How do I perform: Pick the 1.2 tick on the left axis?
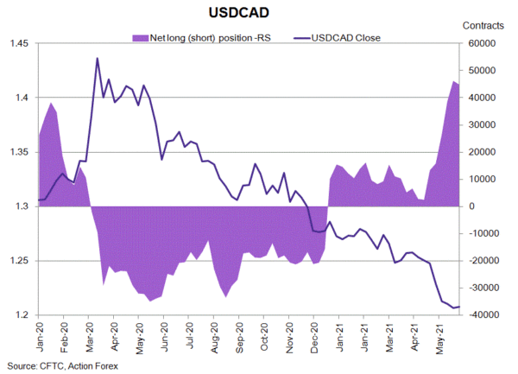(x=19, y=314)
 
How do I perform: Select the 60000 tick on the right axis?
(x=482, y=43)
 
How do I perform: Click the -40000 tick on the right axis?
(x=480, y=314)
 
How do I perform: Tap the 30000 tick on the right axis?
(x=482, y=124)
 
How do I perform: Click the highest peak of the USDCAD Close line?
(x=97, y=58)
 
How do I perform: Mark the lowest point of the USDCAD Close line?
(x=452, y=308)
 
